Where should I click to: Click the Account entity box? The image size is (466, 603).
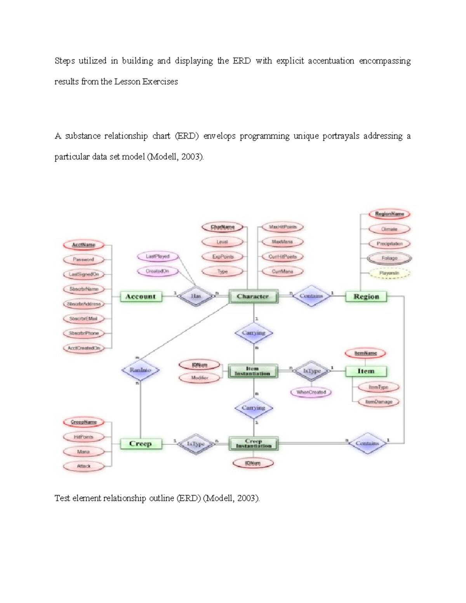(x=140, y=297)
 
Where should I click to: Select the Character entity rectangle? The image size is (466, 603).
(x=253, y=297)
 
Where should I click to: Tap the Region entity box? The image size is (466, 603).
(x=366, y=297)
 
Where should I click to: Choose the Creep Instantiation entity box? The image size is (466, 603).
(x=254, y=444)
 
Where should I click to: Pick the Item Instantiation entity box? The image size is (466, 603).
(x=252, y=371)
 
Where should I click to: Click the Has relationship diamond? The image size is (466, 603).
(x=196, y=296)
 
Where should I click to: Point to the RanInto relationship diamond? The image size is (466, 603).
(x=140, y=370)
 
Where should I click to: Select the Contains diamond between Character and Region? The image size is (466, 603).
(x=311, y=296)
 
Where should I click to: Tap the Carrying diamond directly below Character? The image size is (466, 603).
(x=254, y=333)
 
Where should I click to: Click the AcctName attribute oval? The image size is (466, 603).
(x=84, y=245)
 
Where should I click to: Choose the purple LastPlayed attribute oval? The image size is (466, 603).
(x=158, y=257)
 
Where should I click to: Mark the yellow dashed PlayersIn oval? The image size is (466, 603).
(x=389, y=273)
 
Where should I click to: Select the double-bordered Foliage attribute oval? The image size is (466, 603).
(x=389, y=258)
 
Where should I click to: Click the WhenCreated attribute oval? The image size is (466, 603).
(x=311, y=392)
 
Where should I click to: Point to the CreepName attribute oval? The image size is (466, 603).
(x=84, y=422)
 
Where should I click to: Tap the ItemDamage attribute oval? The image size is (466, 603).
(x=379, y=402)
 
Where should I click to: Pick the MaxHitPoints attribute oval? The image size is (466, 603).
(x=283, y=227)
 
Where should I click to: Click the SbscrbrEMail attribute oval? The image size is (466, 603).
(x=83, y=319)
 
